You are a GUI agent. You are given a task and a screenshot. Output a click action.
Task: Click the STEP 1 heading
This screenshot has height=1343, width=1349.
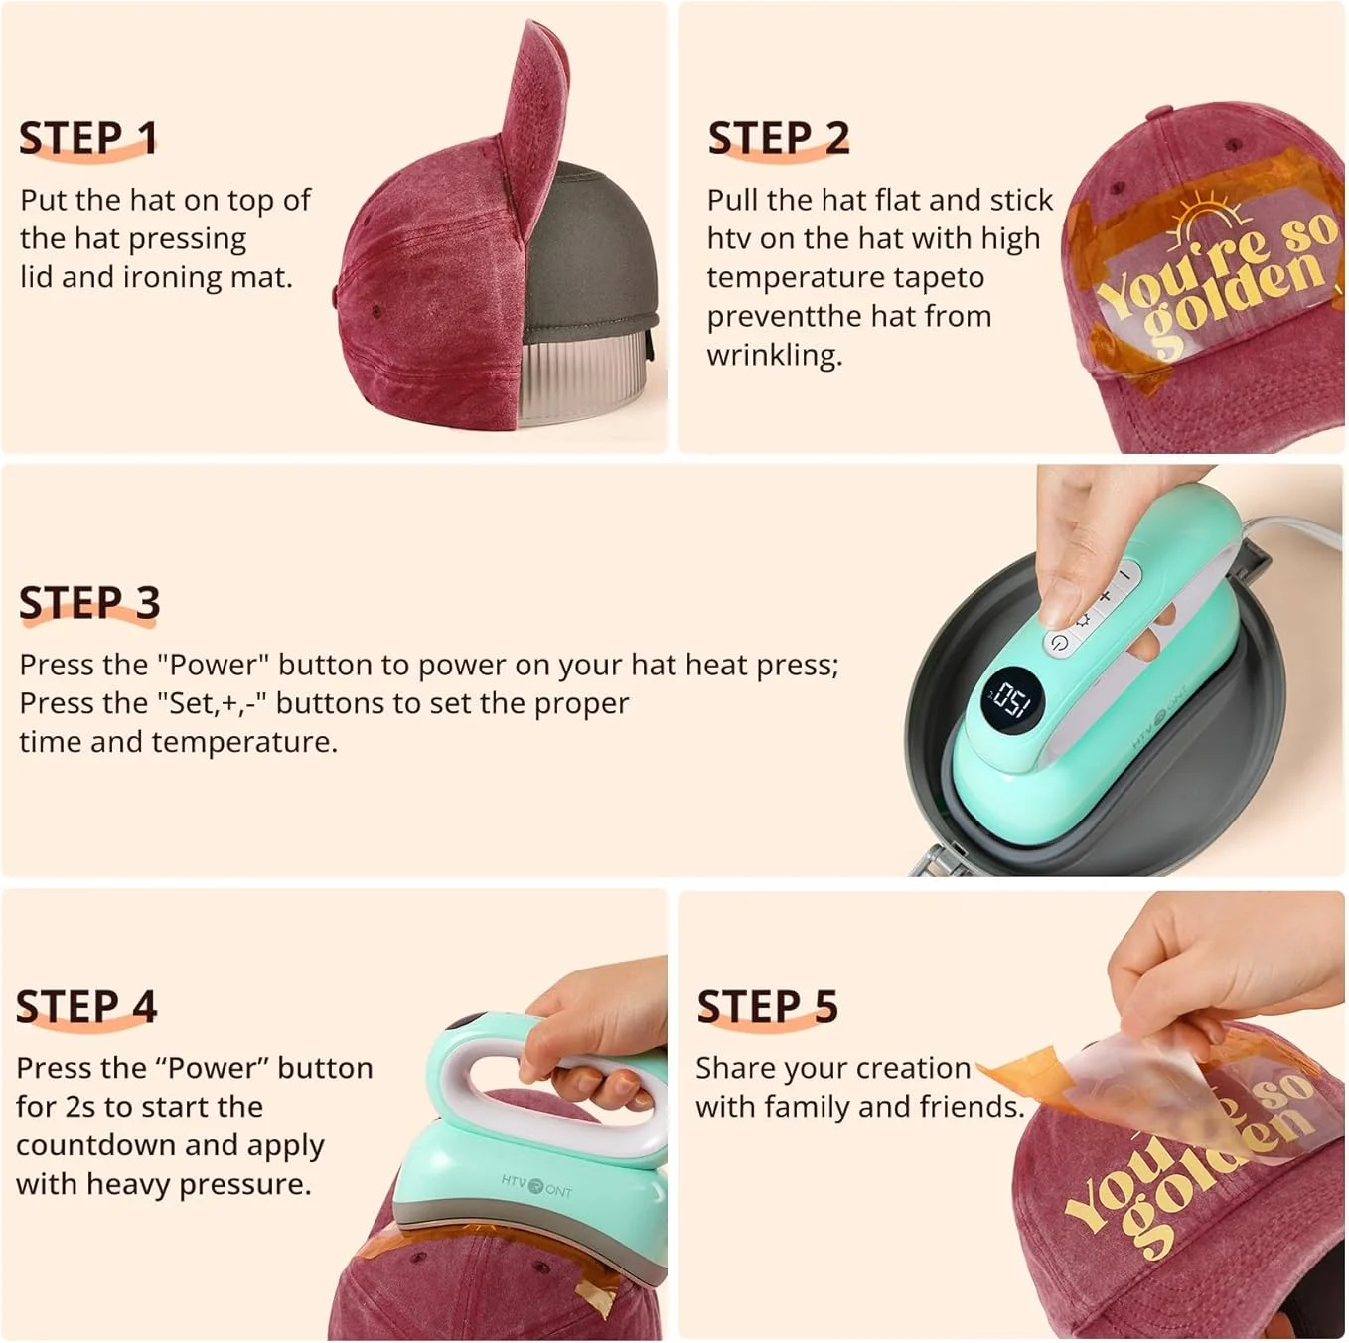coord(87,138)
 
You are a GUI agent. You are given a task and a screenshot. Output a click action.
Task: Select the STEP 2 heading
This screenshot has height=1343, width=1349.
coord(778,138)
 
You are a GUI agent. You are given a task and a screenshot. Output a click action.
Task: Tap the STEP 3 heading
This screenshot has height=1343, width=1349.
coord(89,603)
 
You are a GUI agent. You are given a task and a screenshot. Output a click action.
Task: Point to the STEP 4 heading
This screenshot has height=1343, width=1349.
coord(86,1006)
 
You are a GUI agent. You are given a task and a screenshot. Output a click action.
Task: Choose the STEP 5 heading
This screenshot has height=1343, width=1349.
coord(767,1006)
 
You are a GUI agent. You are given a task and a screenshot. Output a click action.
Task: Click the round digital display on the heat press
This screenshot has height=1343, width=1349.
coord(1011,700)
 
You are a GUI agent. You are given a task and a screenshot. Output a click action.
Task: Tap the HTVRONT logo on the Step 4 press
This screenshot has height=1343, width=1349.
coord(536,1184)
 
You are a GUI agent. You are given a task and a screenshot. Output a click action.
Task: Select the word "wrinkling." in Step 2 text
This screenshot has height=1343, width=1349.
coord(774,355)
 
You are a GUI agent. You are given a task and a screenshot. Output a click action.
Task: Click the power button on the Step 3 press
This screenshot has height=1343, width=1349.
coord(1060,643)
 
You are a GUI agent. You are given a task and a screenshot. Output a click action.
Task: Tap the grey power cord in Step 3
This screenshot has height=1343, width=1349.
coord(1291,525)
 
